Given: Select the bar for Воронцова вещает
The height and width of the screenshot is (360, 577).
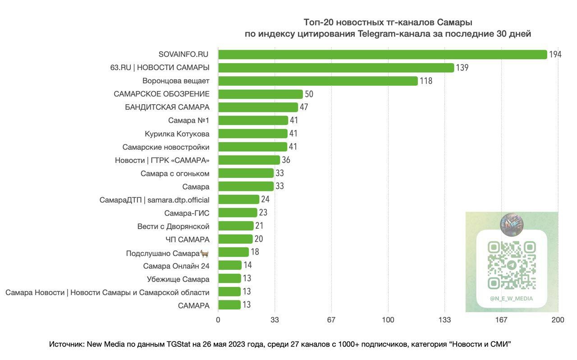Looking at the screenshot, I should coord(318,81).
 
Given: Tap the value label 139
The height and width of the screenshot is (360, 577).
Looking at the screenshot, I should coord(462,68).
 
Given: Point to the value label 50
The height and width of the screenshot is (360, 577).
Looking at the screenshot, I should coord(309,94).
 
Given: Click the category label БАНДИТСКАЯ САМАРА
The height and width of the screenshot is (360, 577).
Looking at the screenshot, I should coord(167,107).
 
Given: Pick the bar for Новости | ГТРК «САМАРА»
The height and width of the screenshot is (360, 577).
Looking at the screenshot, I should coord(249,160).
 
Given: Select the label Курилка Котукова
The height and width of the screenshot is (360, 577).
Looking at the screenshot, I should coord(177,134).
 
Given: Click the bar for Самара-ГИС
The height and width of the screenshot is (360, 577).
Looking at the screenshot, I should coord(238,212).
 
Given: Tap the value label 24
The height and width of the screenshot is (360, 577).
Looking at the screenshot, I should coord(265,199).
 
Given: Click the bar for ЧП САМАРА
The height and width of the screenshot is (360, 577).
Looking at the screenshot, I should coord(235,239).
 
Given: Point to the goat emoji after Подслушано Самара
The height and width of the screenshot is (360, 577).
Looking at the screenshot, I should coord(205,253).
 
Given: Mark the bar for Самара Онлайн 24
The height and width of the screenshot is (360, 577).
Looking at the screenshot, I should coord(230,265).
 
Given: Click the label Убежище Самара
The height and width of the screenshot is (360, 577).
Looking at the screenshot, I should coord(178,279).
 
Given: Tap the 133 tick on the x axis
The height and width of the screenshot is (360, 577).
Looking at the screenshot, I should coord(444,320).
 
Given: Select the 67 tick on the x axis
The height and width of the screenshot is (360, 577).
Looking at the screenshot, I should coord(331,320).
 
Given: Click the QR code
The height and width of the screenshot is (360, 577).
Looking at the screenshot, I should coord(512,265).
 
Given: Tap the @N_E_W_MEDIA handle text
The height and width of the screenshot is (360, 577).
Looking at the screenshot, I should coord(512,299).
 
